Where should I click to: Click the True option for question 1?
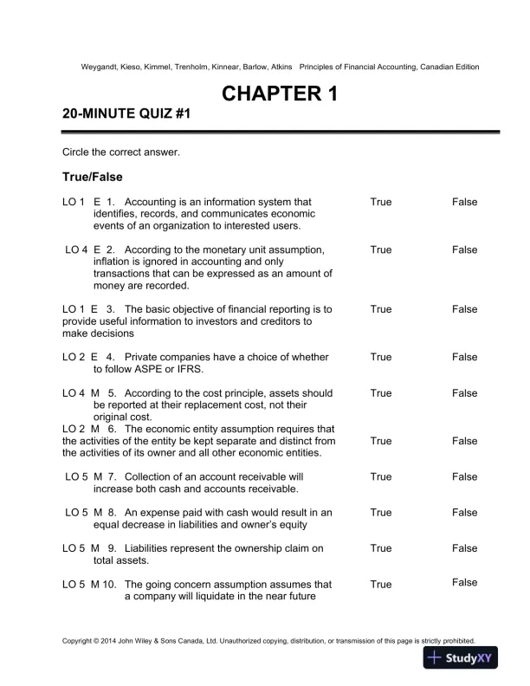[380, 202]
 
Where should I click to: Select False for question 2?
[464, 249]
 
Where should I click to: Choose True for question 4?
[380, 357]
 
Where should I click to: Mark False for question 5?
[464, 393]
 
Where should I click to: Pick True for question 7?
[380, 476]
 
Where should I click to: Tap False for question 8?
[464, 513]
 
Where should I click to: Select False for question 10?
[464, 583]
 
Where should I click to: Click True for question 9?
[380, 548]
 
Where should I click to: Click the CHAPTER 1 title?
[280, 94]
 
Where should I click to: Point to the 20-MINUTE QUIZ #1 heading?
[126, 114]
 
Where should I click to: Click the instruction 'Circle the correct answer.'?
[120, 152]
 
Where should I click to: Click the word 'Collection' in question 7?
[151, 476]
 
